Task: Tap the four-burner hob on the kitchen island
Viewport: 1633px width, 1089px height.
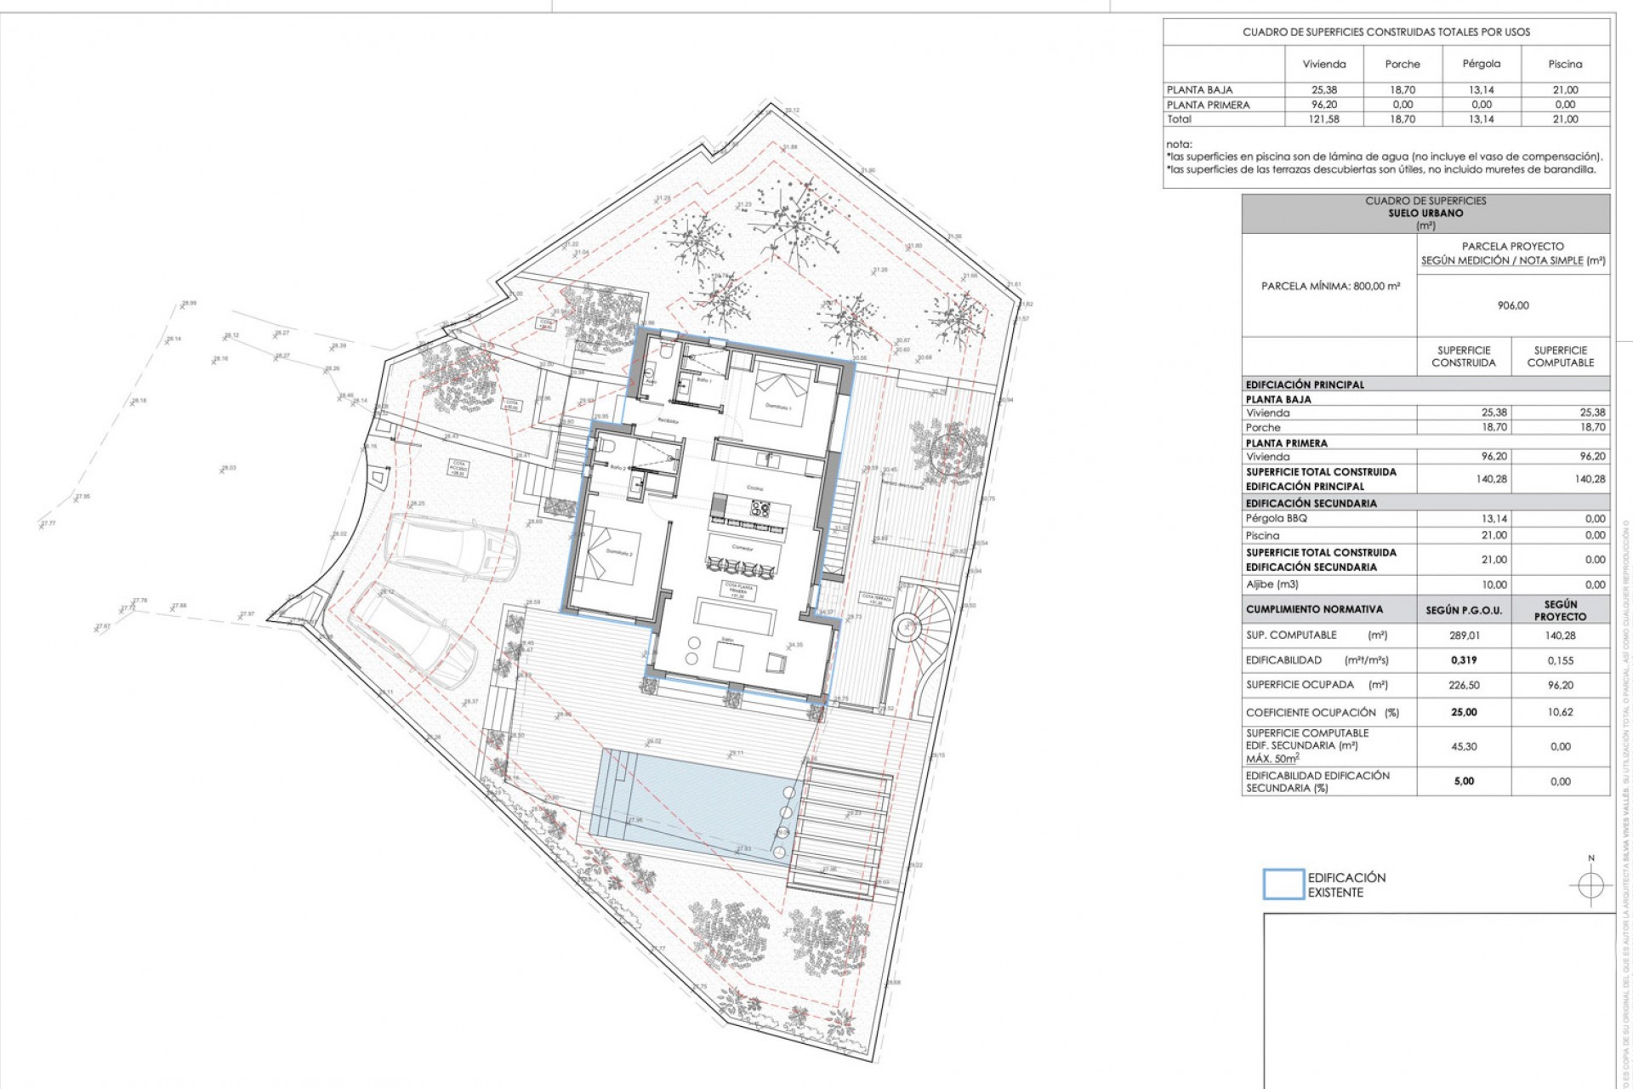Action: (x=760, y=509)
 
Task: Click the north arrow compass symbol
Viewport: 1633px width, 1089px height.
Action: (x=1590, y=885)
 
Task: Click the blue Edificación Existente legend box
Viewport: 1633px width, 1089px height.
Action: (x=1283, y=884)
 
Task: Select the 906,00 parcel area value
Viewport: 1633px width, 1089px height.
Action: (x=1513, y=305)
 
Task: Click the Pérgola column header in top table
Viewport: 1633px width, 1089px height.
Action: (x=1481, y=64)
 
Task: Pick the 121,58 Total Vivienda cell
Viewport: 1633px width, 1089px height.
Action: (x=1324, y=119)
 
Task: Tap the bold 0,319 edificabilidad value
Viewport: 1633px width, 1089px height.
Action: (x=1464, y=660)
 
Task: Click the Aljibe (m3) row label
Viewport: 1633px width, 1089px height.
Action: (x=1272, y=584)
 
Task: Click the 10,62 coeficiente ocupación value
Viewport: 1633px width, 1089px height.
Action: (x=1560, y=712)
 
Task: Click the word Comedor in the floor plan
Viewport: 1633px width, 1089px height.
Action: (x=743, y=547)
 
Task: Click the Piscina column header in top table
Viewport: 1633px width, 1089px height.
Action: (x=1565, y=64)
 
